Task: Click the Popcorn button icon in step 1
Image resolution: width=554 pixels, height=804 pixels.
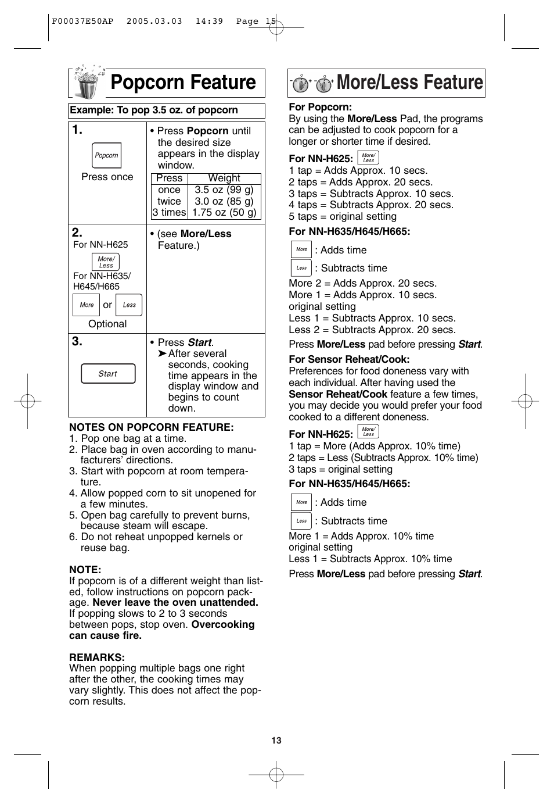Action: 106,155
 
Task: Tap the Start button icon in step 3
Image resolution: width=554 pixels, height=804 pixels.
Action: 108,374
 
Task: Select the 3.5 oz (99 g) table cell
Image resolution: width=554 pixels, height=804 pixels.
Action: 224,190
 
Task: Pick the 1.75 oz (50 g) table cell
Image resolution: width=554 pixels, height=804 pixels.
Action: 224,212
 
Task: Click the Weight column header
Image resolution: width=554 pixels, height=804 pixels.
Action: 224,178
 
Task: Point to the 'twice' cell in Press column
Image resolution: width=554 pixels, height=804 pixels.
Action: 169,201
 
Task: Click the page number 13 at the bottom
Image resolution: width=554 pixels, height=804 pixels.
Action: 276,740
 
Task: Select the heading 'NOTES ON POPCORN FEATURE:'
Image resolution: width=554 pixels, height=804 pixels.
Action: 151,427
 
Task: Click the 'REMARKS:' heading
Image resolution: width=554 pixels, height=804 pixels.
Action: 97,658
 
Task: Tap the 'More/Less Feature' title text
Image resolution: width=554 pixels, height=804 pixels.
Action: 409,83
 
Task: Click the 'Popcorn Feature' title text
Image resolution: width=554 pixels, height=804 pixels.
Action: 183,83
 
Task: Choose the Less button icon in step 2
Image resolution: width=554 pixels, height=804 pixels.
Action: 129,305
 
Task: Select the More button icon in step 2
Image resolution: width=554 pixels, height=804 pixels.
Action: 87,305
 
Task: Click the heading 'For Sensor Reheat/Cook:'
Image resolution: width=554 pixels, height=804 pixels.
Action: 349,359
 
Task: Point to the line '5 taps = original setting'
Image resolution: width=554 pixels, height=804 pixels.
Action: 343,216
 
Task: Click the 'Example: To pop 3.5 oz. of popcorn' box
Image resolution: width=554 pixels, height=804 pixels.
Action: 167,110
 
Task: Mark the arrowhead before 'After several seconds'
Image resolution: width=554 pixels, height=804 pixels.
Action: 162,353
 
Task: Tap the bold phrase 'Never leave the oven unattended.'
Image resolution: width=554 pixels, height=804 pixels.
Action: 175,602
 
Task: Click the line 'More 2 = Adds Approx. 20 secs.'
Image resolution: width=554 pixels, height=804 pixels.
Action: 362,283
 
